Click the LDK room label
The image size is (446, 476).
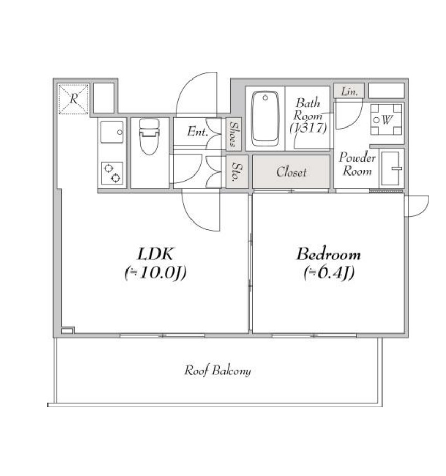click(155, 254)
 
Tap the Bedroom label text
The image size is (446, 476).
click(329, 254)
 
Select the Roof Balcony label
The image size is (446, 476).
click(218, 371)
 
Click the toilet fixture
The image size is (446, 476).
click(149, 137)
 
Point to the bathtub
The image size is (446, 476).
click(265, 118)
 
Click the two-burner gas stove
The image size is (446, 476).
click(112, 173)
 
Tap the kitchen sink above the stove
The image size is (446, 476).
click(112, 132)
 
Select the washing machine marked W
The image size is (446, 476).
click(386, 119)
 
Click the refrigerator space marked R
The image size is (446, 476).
click(73, 99)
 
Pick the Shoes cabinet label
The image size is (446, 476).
click(233, 134)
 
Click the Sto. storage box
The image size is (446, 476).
click(237, 172)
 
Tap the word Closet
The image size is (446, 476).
click(291, 172)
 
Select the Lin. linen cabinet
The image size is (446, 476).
click(349, 91)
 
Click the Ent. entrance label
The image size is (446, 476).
click(197, 132)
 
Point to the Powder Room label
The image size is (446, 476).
click(357, 164)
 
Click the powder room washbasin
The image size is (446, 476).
click(391, 168)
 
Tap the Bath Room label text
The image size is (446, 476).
click(308, 116)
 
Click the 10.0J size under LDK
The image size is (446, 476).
click(155, 273)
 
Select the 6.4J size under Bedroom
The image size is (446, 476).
click(329, 273)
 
